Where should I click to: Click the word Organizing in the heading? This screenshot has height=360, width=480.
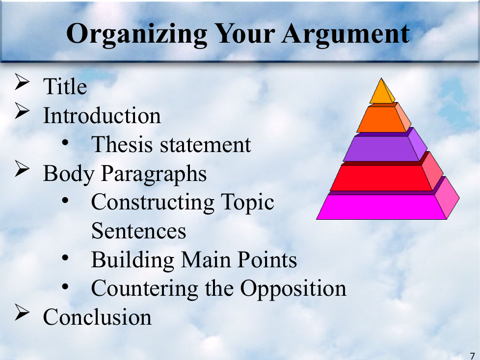coord(136,35)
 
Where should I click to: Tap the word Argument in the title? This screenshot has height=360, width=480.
coord(346,35)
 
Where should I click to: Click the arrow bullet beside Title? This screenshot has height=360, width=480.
coord(22,82)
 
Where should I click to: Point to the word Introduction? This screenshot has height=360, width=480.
coord(102,116)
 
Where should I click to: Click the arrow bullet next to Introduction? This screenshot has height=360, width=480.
coord(22,111)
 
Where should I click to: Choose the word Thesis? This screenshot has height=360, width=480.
coord(122,144)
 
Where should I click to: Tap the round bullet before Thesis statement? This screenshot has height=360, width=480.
coord(65,142)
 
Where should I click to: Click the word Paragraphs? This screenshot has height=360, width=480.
coord(154,174)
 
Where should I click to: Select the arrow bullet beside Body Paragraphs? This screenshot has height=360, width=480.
coord(22,169)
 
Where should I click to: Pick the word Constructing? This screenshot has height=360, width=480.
coord(153,203)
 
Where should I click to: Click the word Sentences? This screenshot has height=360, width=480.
coord(139,231)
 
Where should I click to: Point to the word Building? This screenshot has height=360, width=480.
coord(133,260)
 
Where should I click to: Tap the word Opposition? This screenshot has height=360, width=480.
coord(293,289)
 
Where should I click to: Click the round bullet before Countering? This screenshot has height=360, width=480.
coord(65,286)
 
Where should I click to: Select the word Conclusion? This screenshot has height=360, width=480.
coord(97,317)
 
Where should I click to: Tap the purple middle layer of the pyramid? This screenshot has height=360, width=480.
coord(385,146)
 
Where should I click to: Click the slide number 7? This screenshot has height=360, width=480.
coord(472,356)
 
